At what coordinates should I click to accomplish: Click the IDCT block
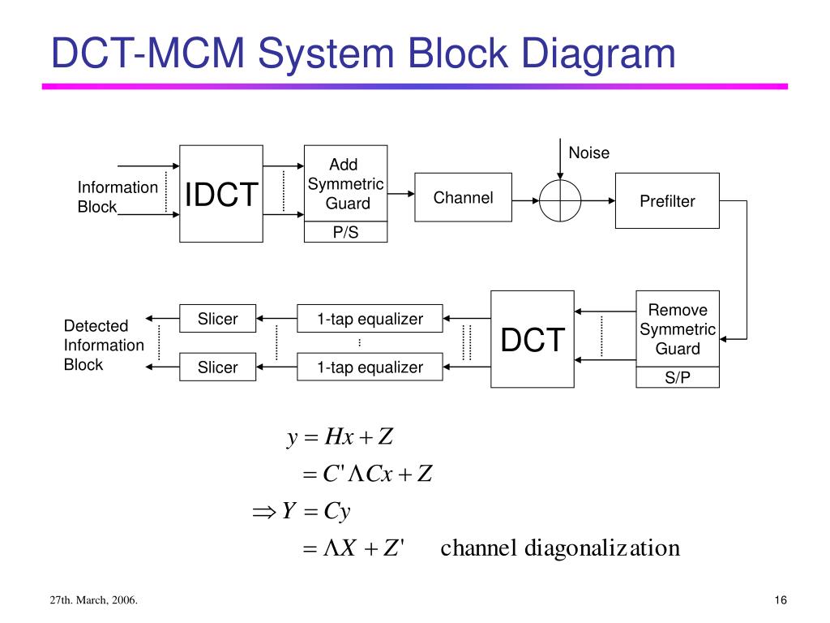[221, 194]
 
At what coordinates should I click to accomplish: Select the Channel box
[463, 197]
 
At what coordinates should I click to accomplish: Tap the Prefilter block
[667, 201]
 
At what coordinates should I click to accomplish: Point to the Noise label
[588, 153]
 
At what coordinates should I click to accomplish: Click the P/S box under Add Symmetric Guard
[345, 232]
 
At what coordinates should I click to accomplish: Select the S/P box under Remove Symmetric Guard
[678, 377]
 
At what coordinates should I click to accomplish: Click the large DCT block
[533, 339]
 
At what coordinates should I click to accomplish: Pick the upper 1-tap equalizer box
[370, 318]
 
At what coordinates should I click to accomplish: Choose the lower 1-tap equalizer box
[370, 367]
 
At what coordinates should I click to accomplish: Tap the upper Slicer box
[217, 318]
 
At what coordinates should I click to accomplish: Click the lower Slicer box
[217, 367]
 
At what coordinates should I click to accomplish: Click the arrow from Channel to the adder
[525, 201]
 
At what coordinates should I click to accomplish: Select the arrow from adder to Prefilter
[598, 201]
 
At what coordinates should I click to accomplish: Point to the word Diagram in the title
[598, 54]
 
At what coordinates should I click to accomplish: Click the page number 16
[781, 599]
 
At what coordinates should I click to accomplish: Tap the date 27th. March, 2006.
[94, 599]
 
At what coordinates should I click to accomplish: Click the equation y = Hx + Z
[340, 437]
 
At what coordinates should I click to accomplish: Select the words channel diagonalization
[560, 548]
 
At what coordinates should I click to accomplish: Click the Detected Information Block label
[104, 345]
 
